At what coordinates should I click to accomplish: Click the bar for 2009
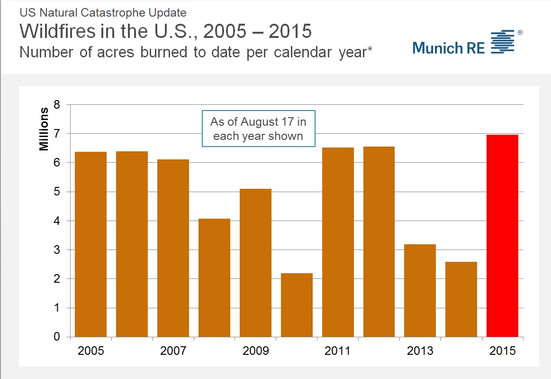(x=255, y=263)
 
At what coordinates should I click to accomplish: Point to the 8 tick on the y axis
(x=56, y=105)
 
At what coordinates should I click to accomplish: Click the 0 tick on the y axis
(x=56, y=337)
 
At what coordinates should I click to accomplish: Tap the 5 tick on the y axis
(x=56, y=192)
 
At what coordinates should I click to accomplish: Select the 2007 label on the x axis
(x=173, y=351)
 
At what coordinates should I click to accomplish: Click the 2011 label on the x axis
(x=337, y=351)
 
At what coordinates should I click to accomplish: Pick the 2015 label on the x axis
(x=502, y=351)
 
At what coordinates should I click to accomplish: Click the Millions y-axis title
(x=44, y=129)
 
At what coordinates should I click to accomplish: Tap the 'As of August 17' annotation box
(x=258, y=129)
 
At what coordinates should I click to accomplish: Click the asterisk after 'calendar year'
(x=370, y=49)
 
